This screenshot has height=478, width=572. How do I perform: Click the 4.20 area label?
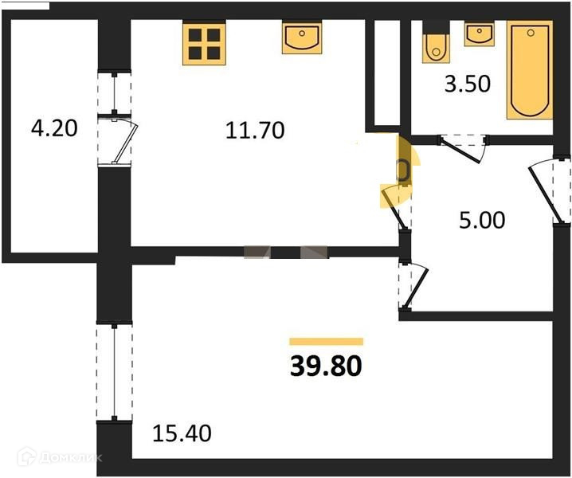coord(53,127)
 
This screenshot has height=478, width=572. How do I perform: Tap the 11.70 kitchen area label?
coord(256,129)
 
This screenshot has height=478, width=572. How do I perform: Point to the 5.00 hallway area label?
coord(482,219)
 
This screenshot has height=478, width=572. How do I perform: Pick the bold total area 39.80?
coord(325,366)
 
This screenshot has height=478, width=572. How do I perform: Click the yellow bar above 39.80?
coord(325,341)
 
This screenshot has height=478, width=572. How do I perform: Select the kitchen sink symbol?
coord(301,37)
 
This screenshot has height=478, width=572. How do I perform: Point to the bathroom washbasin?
coord(479,34)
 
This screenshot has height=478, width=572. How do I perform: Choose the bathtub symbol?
coord(530,72)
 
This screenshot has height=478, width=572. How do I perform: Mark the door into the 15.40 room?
coord(411,285)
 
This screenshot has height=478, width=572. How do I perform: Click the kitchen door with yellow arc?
coord(399,187)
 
